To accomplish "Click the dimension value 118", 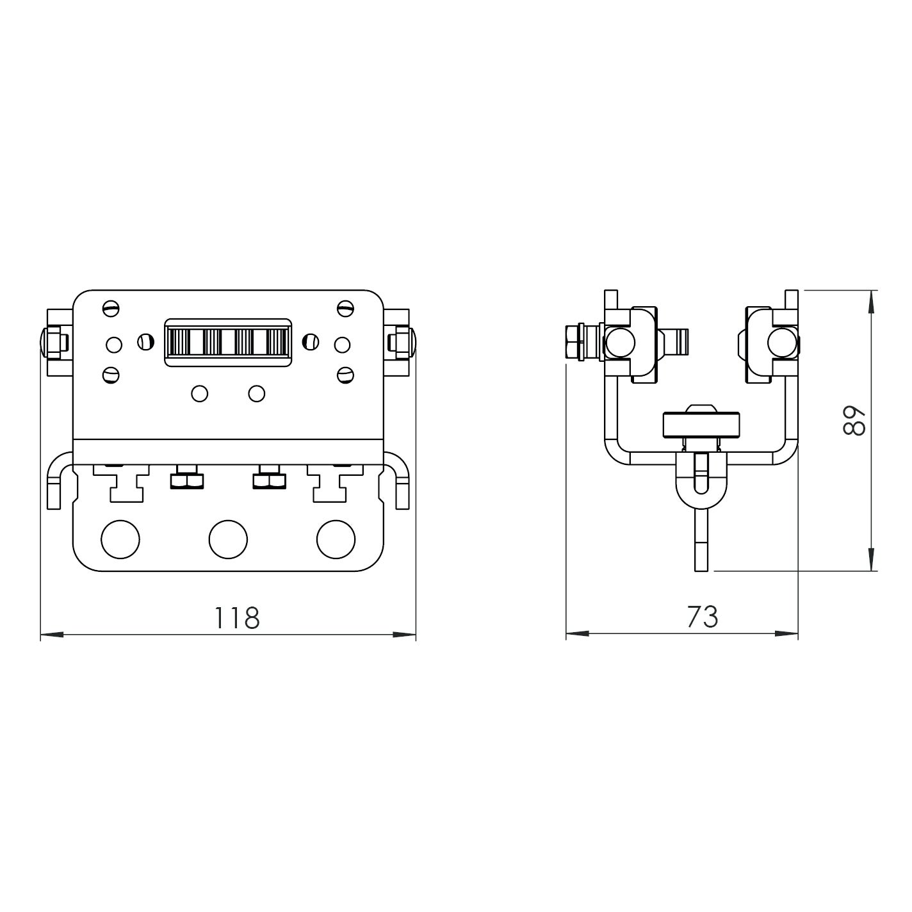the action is pyautogui.click(x=237, y=617).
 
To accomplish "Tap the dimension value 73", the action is pyautogui.click(x=703, y=617).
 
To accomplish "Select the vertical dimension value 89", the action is pyautogui.click(x=854, y=421).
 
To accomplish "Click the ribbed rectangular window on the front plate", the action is pyautogui.click(x=227, y=343).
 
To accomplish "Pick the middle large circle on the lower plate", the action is pyautogui.click(x=228, y=539).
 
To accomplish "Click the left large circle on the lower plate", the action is pyautogui.click(x=120, y=539).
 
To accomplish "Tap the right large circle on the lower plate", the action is pyautogui.click(x=336, y=539).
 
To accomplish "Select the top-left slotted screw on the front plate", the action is pyautogui.click(x=111, y=309).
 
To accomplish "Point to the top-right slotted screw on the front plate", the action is pyautogui.click(x=345, y=309).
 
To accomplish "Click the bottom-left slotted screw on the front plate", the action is pyautogui.click(x=111, y=375).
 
